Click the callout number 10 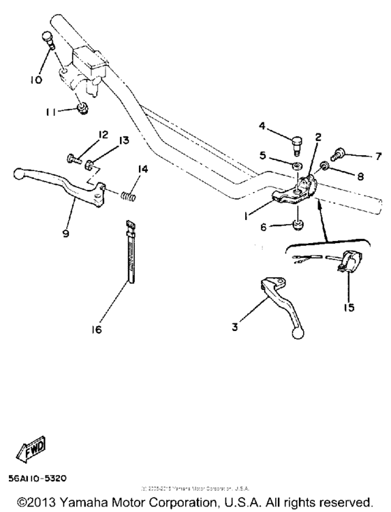click(x=36, y=80)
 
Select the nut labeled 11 click(x=83, y=109)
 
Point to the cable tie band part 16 click(x=130, y=251)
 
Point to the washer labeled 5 click(x=296, y=165)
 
